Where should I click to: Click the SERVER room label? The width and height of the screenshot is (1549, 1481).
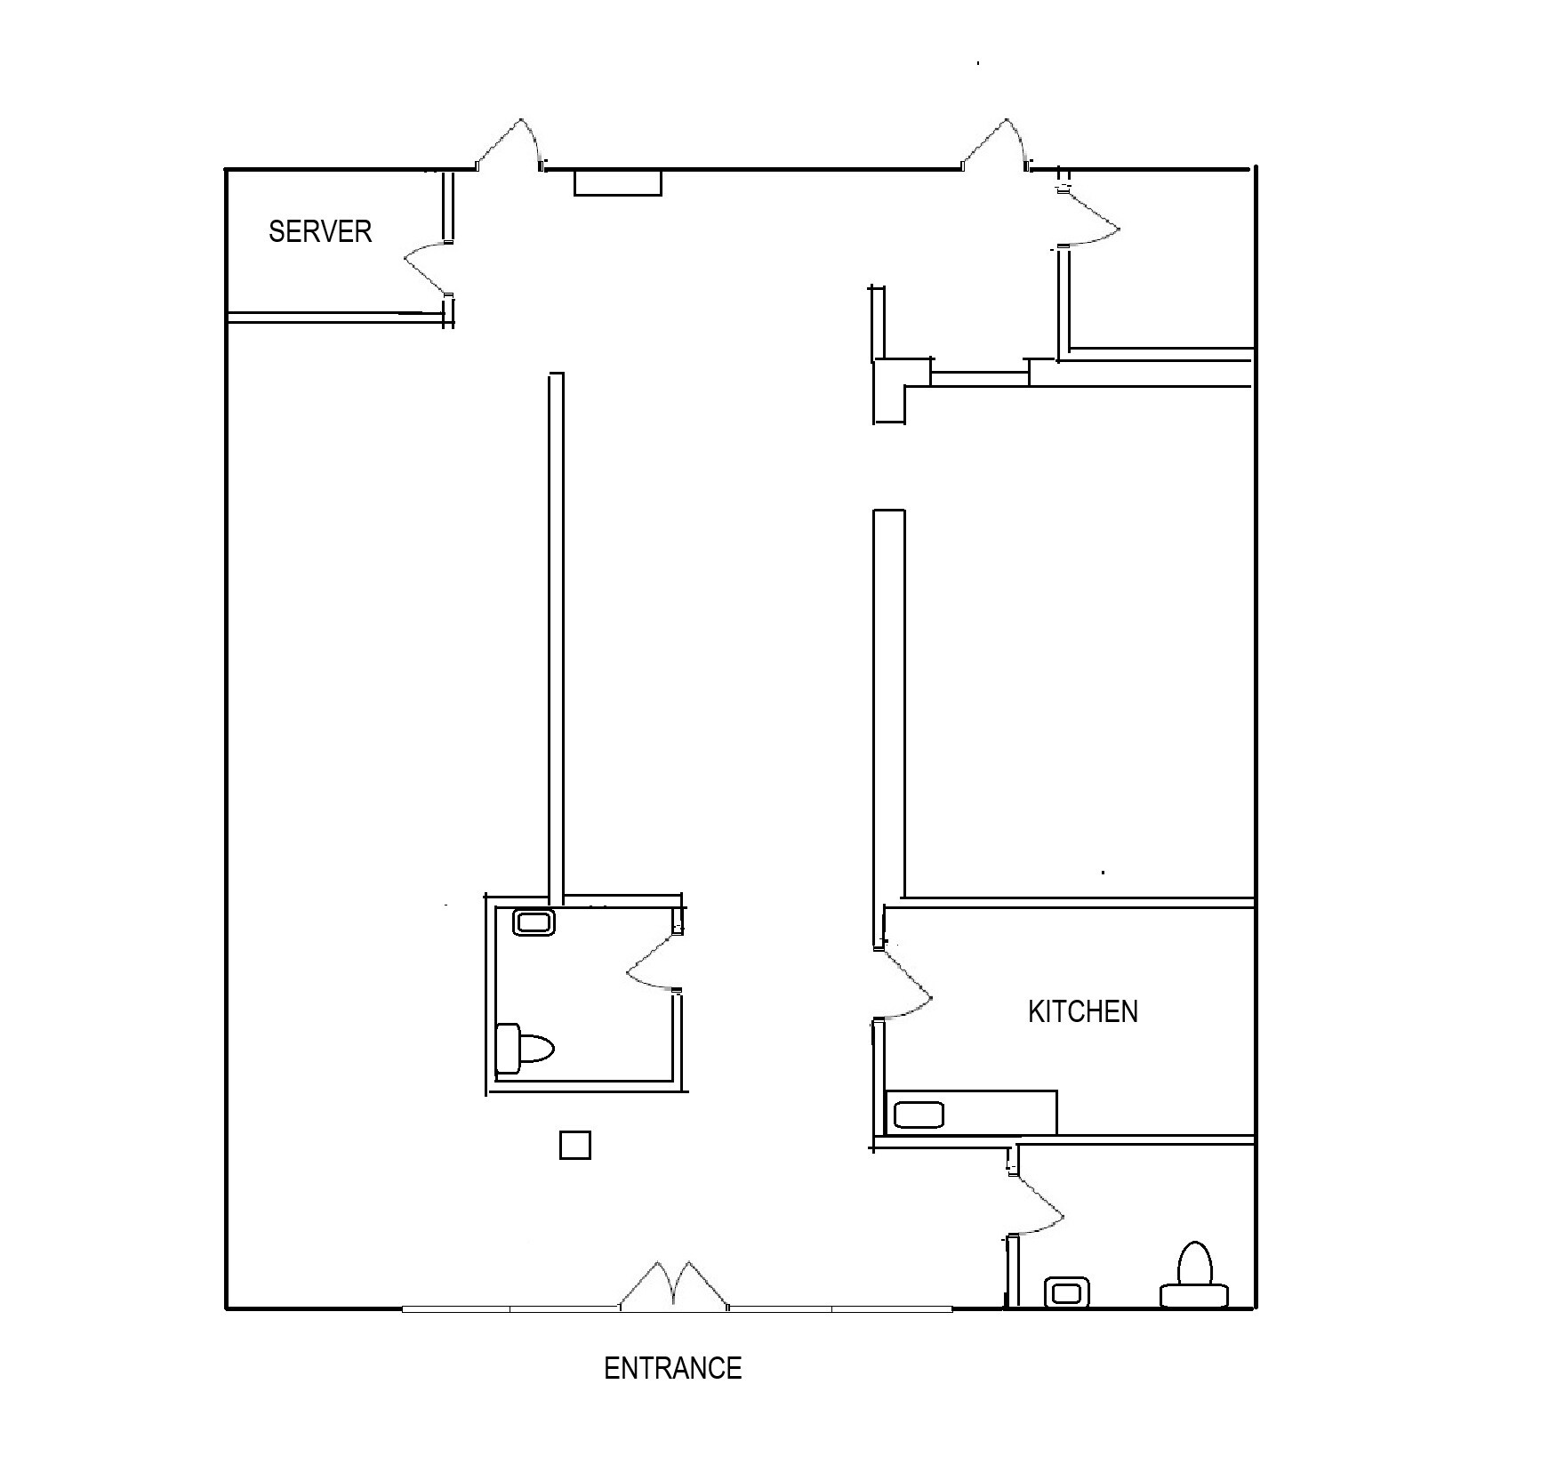pos(320,231)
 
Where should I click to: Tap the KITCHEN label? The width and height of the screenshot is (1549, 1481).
pos(1082,1011)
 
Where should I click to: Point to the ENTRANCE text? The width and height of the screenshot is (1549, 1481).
pos(672,1368)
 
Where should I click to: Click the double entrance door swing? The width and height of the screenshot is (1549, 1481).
pos(674,1285)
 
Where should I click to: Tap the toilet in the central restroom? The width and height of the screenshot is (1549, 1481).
pos(525,1048)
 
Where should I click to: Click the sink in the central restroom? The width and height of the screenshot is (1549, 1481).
pos(534,922)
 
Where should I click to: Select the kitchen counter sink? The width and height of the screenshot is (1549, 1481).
pos(918,1114)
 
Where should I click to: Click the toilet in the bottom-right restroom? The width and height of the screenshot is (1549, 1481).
pos(1194,1276)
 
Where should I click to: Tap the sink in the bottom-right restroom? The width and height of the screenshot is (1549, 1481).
pos(1066,1292)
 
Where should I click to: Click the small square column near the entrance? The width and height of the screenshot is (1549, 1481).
pos(575,1145)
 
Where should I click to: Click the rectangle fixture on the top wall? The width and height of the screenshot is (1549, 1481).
pos(617,182)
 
